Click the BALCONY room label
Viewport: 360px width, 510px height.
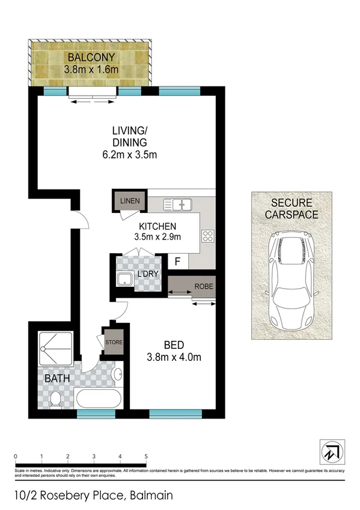click(92, 58)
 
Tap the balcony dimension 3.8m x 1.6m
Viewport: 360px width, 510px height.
click(92, 69)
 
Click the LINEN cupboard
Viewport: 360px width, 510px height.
click(129, 200)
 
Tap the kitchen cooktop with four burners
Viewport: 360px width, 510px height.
click(208, 236)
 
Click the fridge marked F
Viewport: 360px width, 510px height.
click(177, 262)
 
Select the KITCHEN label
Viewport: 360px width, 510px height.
click(157, 226)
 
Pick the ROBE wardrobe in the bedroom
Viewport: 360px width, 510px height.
click(191, 286)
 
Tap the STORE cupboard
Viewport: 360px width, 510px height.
click(114, 343)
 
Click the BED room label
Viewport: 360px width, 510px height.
click(174, 345)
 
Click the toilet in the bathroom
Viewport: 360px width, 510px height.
click(56, 398)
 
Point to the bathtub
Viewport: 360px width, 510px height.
click(100, 399)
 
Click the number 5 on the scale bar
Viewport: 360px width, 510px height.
click(147, 456)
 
